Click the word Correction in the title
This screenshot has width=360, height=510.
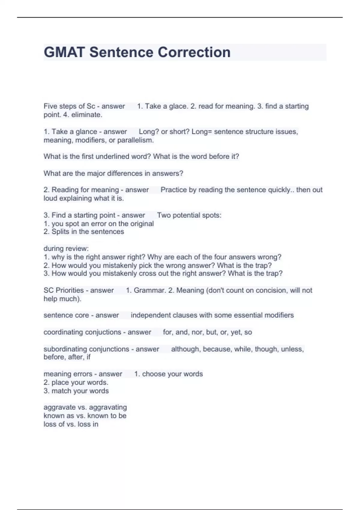click(194, 52)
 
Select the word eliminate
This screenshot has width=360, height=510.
click(87, 115)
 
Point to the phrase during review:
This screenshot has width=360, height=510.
click(66, 248)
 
